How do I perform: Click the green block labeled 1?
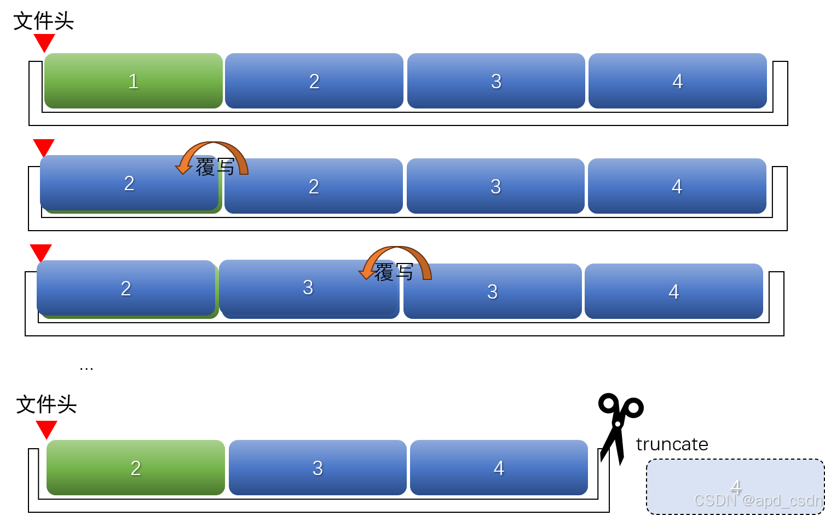pyautogui.click(x=133, y=81)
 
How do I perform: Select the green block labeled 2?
pyautogui.click(x=136, y=467)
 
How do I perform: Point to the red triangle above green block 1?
pyautogui.click(x=44, y=42)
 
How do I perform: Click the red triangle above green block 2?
pyautogui.click(x=47, y=428)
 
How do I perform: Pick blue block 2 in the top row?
pyautogui.click(x=314, y=81)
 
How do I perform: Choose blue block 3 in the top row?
pyautogui.click(x=496, y=81)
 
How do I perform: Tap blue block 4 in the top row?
pyautogui.click(x=677, y=81)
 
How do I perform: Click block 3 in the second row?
pyautogui.click(x=495, y=186)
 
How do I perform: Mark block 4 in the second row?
pyautogui.click(x=677, y=186)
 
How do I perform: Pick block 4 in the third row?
pyautogui.click(x=673, y=291)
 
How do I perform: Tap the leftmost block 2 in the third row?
pyautogui.click(x=126, y=288)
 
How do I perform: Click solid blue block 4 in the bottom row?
pyautogui.click(x=498, y=467)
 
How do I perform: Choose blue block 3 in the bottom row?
pyautogui.click(x=318, y=467)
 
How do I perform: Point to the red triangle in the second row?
pyautogui.click(x=44, y=147)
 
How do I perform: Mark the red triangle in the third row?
pyautogui.click(x=41, y=252)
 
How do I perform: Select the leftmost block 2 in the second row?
pyautogui.click(x=129, y=182)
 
